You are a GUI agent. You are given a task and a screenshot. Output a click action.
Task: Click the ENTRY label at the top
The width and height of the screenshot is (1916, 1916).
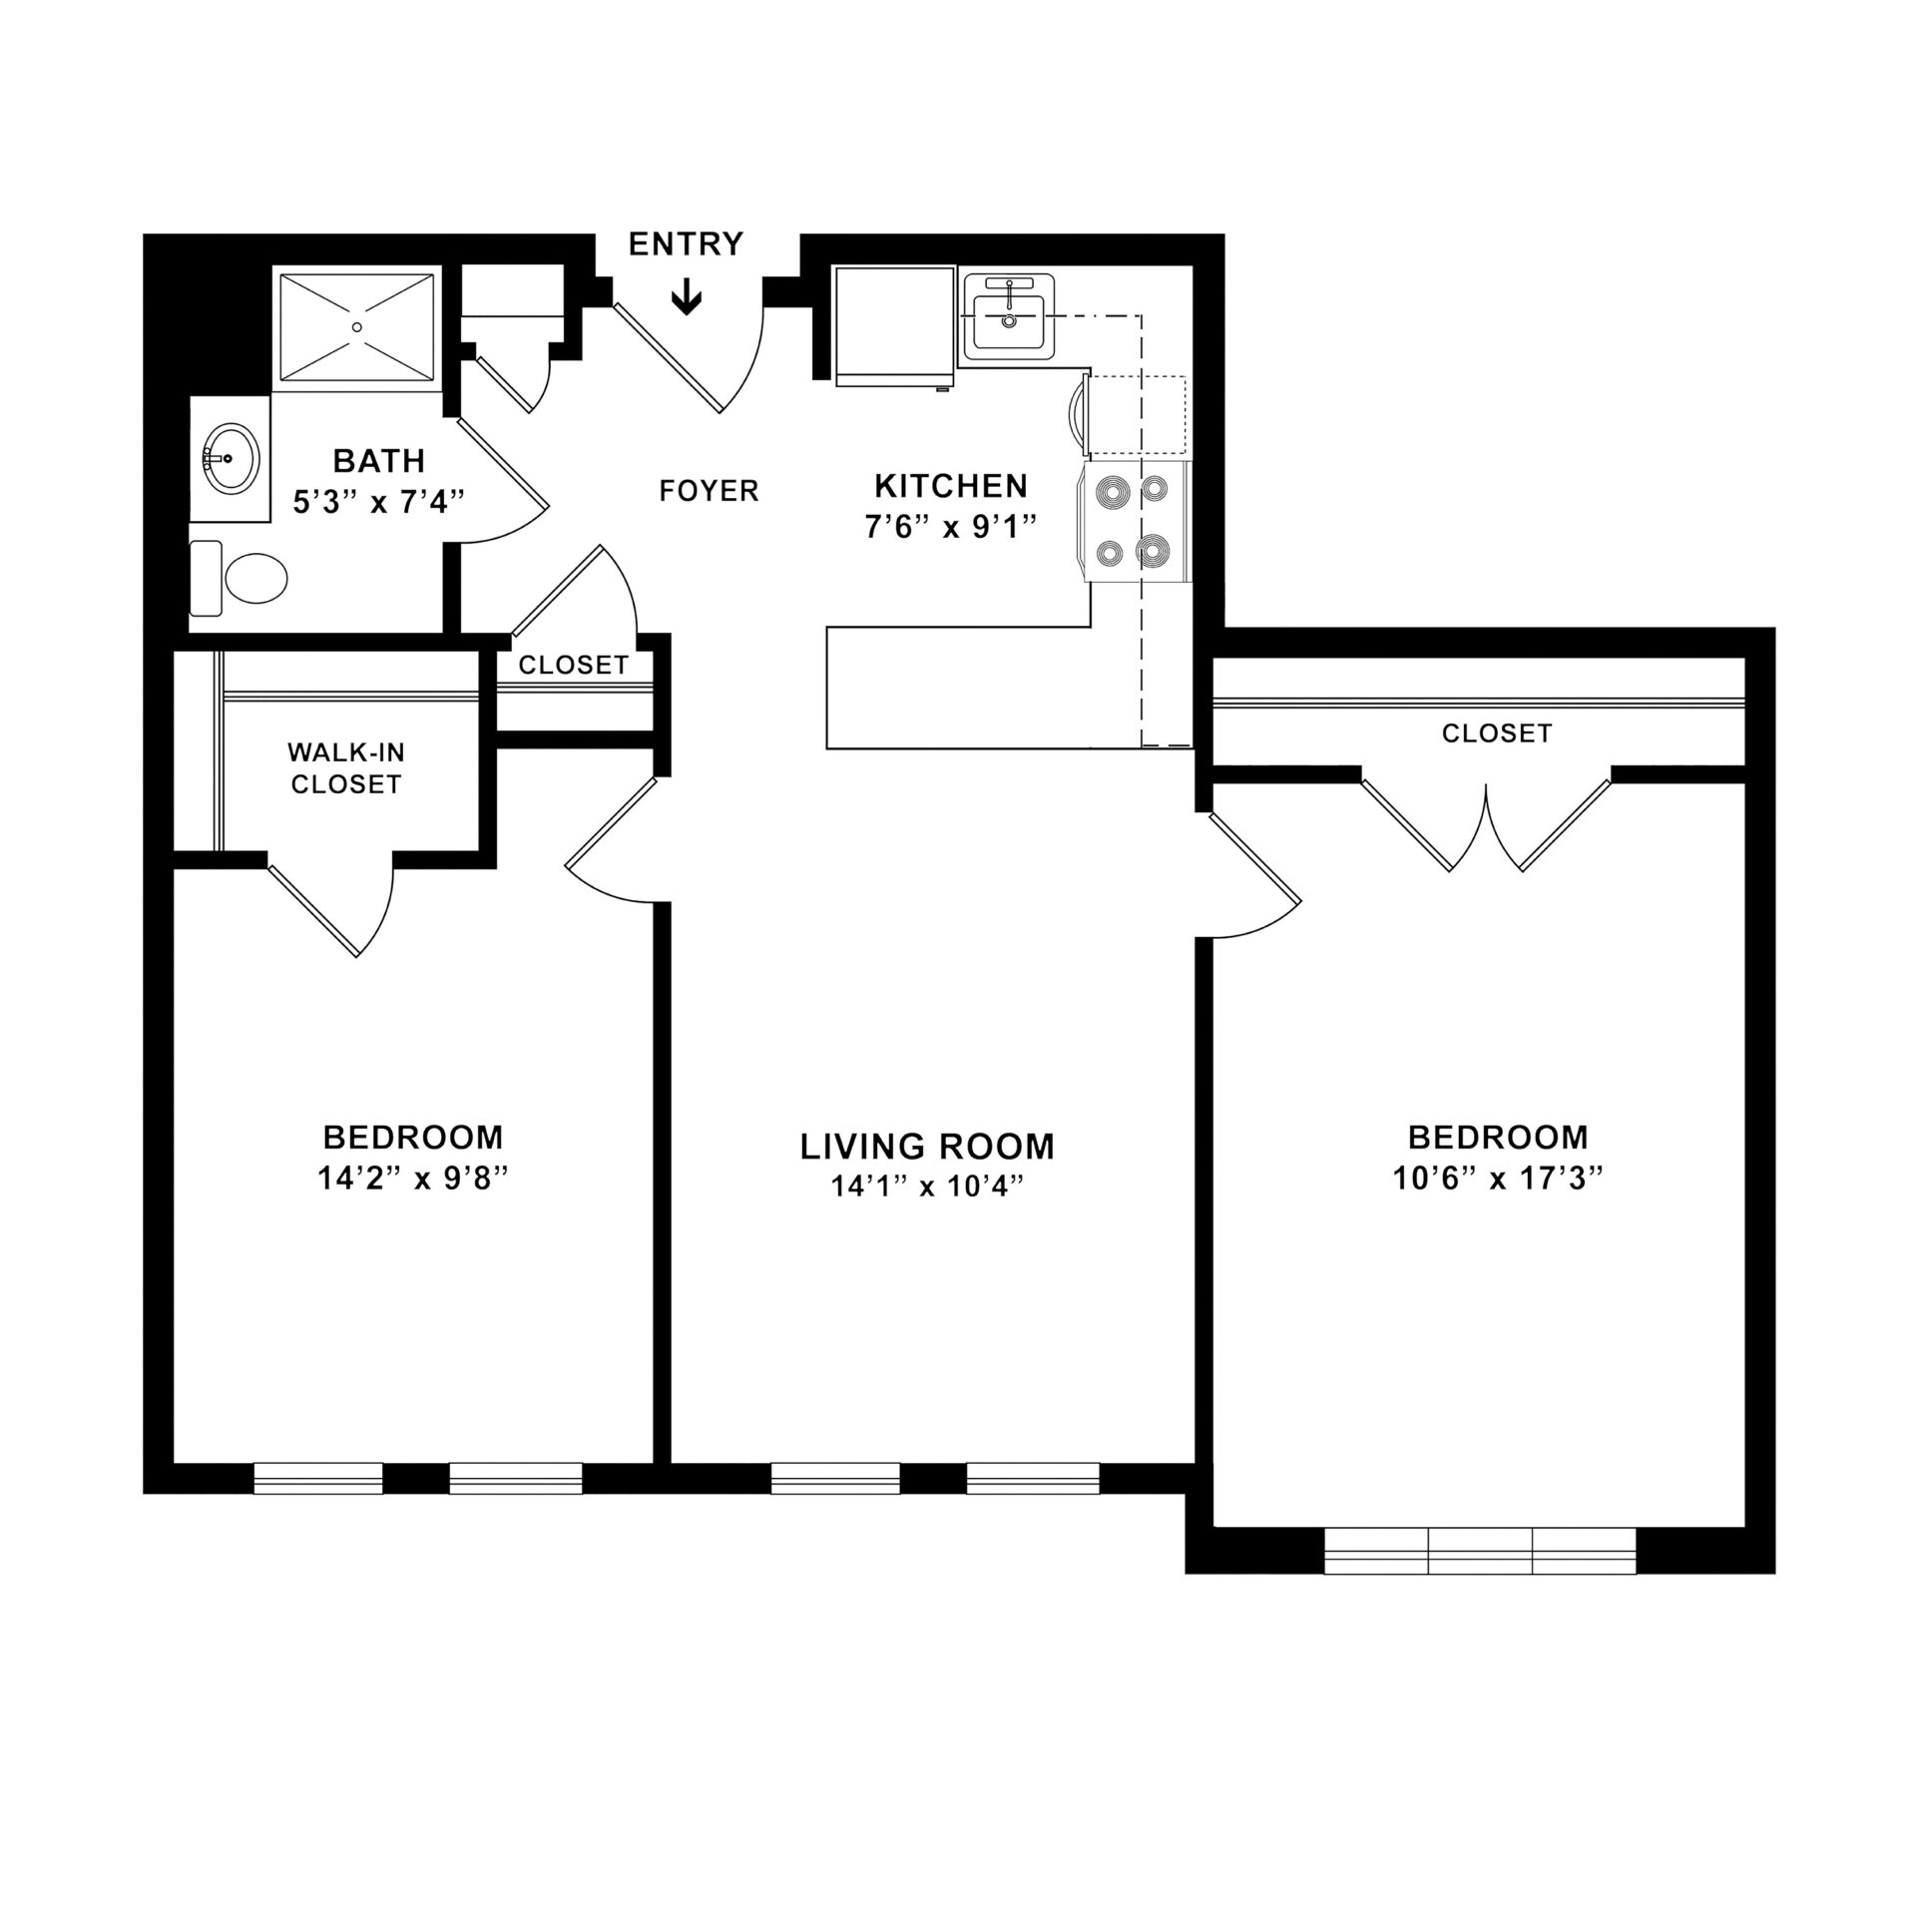coord(686,243)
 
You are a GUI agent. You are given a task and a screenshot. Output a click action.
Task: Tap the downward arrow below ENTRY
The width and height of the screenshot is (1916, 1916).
coord(687,298)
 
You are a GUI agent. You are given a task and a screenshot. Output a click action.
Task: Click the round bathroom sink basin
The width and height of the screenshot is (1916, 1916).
coord(231,458)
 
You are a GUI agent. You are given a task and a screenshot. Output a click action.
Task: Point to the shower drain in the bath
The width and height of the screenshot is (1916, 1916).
coord(357,325)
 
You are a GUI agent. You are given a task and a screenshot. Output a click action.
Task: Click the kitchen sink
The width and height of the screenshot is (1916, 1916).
coord(1008,317)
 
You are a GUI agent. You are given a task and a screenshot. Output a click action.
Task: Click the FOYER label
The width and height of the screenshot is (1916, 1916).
coord(709,491)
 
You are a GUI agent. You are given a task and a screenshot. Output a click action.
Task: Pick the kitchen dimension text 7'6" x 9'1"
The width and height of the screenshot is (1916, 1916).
coord(951,527)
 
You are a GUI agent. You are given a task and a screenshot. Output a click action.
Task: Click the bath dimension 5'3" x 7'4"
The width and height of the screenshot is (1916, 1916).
coord(379,501)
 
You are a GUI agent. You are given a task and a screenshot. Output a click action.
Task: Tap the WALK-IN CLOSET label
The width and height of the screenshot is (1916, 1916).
coord(345,768)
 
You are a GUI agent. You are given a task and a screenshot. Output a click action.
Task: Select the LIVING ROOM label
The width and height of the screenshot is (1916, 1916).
coord(927,1147)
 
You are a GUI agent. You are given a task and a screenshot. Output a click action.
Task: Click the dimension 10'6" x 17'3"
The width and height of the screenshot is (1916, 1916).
coord(1497,1179)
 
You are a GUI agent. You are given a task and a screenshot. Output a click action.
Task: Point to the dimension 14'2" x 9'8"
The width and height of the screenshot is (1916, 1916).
coord(412,1179)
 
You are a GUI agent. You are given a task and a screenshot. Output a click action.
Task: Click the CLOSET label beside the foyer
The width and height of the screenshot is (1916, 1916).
coord(573,665)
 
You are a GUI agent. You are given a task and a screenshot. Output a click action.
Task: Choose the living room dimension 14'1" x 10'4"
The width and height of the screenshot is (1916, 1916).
coord(927,1187)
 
